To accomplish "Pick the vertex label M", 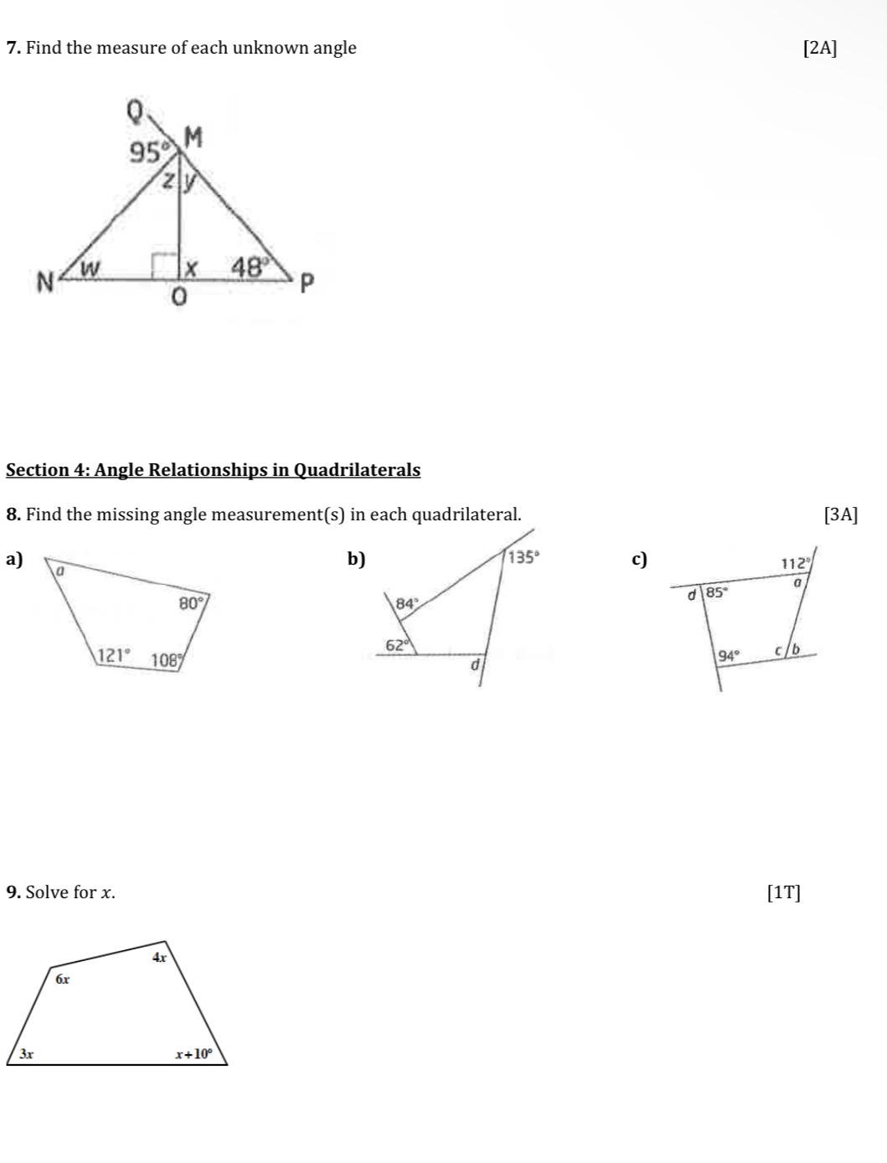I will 193,136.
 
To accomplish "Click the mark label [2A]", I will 819,48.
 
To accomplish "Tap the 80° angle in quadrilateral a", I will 193,602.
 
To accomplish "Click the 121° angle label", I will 114,655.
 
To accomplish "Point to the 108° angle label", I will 167,659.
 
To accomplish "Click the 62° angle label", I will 399,645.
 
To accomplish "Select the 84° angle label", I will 406,603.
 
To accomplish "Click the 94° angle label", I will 730,655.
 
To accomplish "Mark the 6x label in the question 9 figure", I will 63,979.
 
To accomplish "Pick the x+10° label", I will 194,1054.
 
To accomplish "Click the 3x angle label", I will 27,1054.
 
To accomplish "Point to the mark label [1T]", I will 783,892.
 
